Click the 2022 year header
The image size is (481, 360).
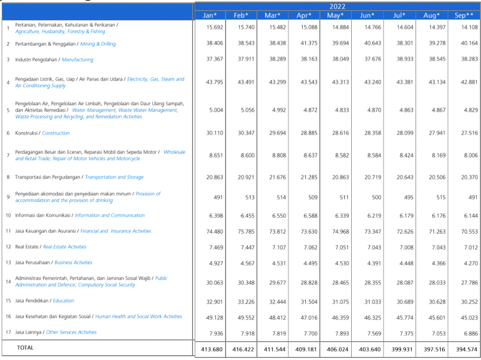(x=337, y=7)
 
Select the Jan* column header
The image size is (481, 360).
(x=210, y=15)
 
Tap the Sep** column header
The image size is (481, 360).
(x=464, y=15)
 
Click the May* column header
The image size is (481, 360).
(x=336, y=15)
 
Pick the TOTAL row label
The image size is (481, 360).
(x=25, y=348)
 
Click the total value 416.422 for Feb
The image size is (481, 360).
(x=243, y=349)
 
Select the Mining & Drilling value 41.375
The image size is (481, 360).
(x=309, y=43)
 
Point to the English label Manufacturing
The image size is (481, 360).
(x=77, y=60)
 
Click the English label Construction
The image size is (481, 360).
(x=56, y=133)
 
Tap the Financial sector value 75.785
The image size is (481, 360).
(x=246, y=232)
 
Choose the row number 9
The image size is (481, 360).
(x=9, y=197)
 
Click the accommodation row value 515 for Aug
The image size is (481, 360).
(x=441, y=198)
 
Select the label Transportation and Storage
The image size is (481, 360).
(x=114, y=177)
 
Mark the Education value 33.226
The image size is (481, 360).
(x=246, y=302)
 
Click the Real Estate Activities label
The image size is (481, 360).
(x=65, y=247)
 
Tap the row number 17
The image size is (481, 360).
(x=9, y=332)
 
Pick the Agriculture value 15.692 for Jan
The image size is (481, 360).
(x=215, y=27)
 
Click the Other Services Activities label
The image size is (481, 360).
(x=71, y=332)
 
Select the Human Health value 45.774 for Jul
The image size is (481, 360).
(x=405, y=317)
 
